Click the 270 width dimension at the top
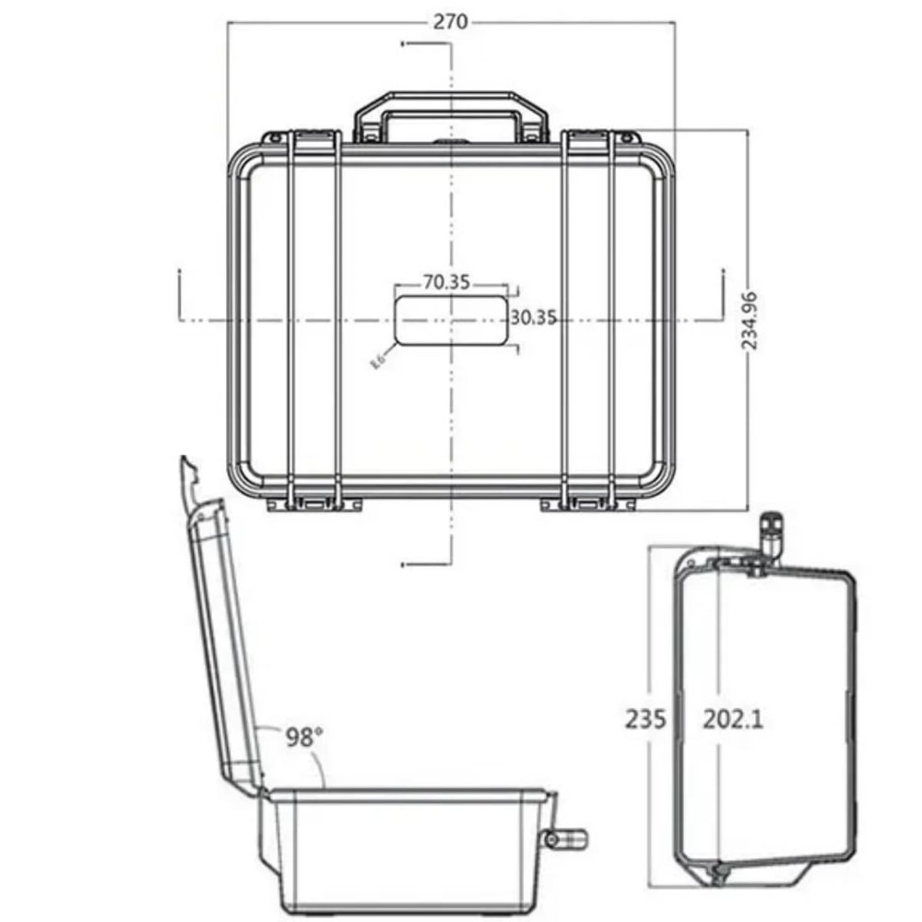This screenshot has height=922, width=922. [x=451, y=22]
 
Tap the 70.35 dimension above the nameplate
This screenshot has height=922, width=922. [x=447, y=282]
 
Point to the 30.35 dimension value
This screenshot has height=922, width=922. [x=533, y=317]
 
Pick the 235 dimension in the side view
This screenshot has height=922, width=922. [x=645, y=718]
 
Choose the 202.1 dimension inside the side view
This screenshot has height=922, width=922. [x=733, y=718]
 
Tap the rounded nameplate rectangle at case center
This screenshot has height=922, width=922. [x=451, y=320]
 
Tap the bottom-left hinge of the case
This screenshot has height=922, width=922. [x=314, y=502]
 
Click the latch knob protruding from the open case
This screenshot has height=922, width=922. [x=566, y=838]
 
